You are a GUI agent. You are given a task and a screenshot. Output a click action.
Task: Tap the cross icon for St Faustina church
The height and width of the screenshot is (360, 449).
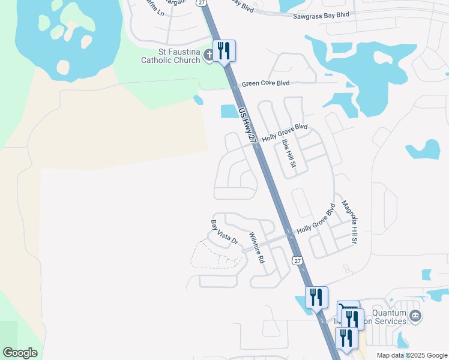point(209,56)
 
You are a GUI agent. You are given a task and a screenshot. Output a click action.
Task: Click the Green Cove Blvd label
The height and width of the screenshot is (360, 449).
point(266,84)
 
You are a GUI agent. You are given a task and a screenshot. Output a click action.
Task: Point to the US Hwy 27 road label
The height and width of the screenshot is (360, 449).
point(247,125)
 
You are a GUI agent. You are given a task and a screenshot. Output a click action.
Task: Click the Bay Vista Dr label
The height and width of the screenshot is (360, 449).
point(224,233)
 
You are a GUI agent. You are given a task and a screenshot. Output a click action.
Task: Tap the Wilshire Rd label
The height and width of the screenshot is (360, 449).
point(256,248)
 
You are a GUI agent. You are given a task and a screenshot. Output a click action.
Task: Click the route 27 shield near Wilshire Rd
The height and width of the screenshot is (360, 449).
point(297,259)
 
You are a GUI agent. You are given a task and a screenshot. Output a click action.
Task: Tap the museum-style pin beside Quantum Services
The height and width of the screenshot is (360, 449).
point(414,316)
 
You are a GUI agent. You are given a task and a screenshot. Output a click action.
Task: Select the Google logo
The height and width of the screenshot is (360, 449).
point(20,353)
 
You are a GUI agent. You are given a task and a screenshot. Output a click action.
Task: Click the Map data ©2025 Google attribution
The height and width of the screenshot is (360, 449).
point(411,355)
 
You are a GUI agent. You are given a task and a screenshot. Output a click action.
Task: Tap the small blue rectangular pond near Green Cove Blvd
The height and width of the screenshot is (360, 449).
point(228,111)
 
